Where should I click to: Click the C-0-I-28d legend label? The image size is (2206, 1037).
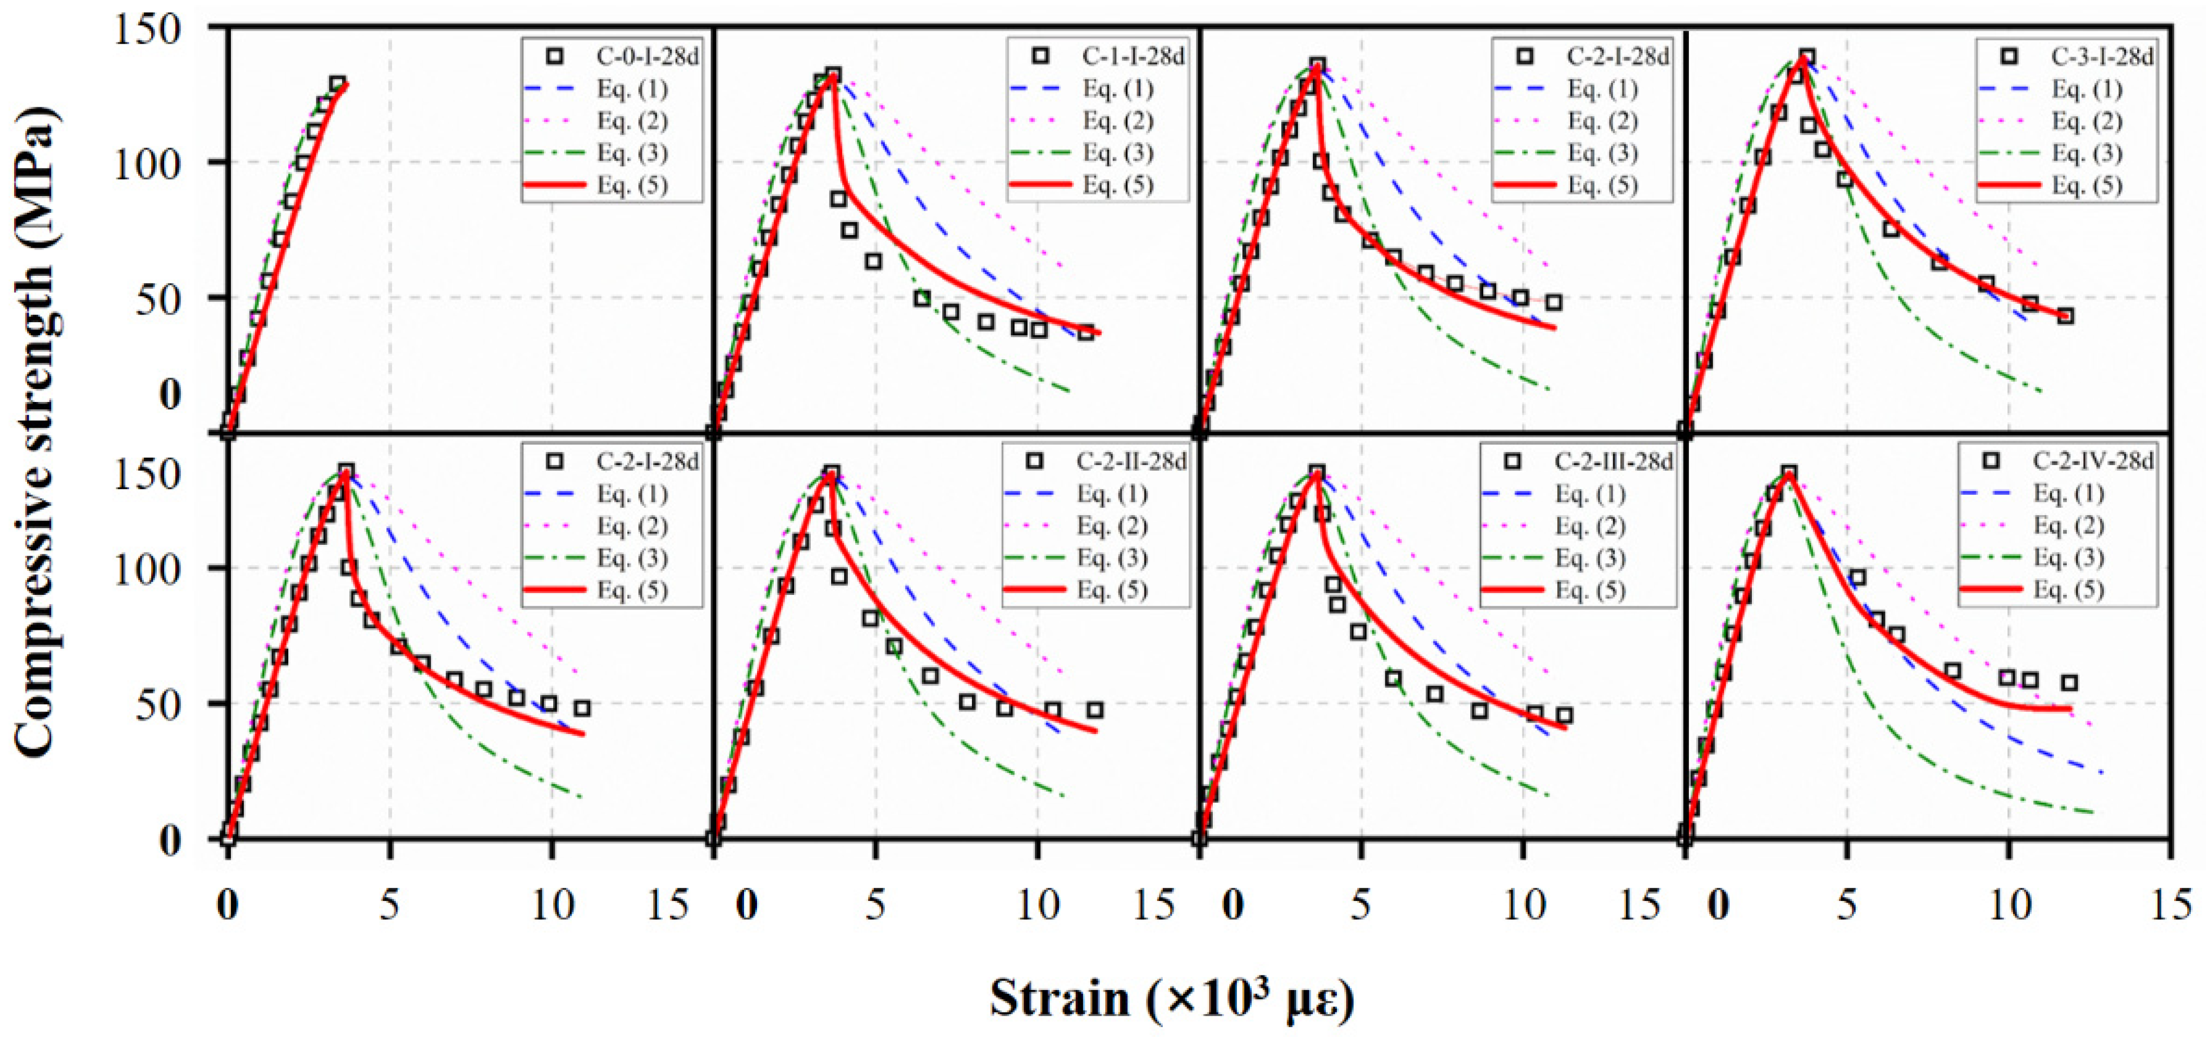(648, 56)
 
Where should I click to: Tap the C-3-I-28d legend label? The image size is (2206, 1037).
(2102, 56)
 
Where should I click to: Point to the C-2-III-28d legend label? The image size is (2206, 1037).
(1613, 461)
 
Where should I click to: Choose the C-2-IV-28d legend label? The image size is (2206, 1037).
(2093, 461)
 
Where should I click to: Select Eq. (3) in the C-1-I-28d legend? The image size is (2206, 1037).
(1117, 153)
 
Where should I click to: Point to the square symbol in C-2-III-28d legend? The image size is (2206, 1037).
(1513, 461)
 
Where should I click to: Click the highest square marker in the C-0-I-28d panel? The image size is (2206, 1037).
(337, 84)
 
